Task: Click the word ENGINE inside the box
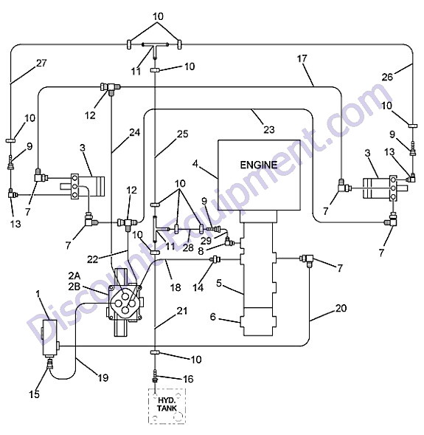point(258,165)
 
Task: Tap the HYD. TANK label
point(167,404)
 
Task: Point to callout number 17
point(302,58)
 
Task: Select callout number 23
point(269,129)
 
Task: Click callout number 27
point(41,63)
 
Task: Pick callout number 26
point(387,77)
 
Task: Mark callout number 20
point(341,308)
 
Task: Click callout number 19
point(103,377)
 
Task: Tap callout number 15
point(35,394)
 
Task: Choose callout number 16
point(189,379)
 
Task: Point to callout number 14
point(198,288)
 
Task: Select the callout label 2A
point(74,275)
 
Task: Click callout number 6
point(212,317)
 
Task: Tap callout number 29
point(206,241)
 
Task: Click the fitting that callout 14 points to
point(216,259)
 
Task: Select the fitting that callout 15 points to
point(50,363)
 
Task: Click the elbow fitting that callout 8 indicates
point(229,242)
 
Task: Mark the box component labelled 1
point(49,338)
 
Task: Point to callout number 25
point(183,134)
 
